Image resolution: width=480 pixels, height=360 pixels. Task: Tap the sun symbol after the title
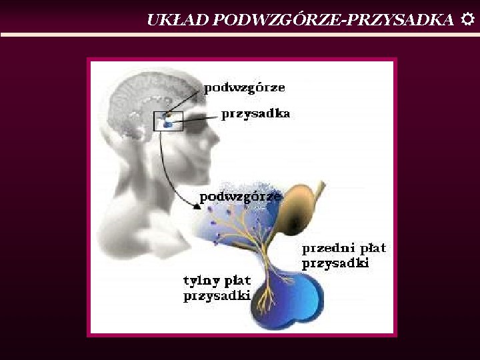(x=467, y=20)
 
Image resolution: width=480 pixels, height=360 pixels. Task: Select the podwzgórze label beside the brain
(x=244, y=88)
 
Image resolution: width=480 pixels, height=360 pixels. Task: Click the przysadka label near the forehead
(x=255, y=114)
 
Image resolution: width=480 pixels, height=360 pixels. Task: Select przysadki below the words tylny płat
(x=217, y=295)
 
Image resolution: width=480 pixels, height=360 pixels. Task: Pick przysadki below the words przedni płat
(x=335, y=263)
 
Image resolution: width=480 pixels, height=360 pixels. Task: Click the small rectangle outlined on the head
(x=168, y=121)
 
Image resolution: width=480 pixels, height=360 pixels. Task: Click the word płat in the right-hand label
(x=372, y=249)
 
